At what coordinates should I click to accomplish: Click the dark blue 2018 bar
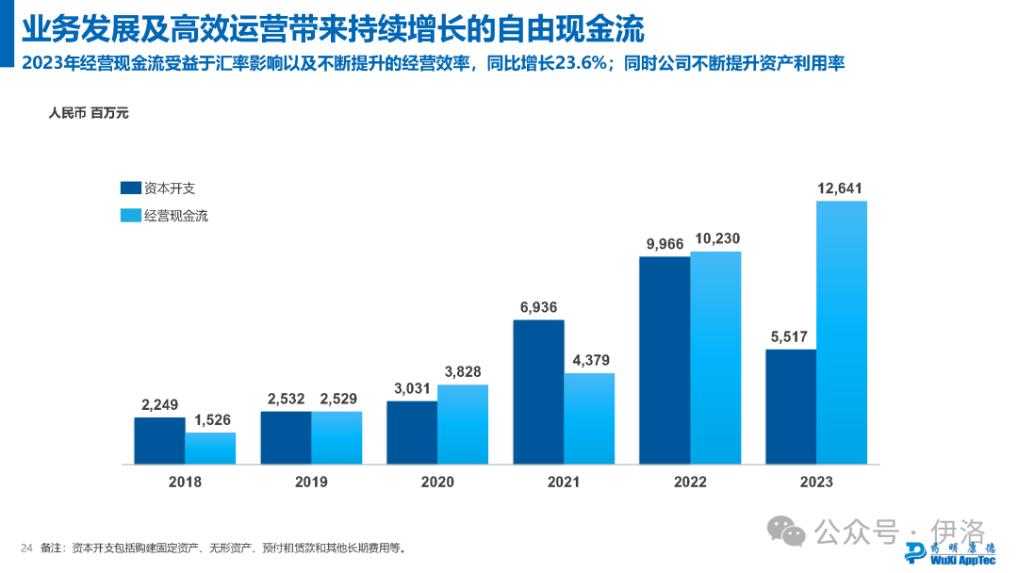[x=159, y=440]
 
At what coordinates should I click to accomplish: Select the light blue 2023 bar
[x=842, y=332]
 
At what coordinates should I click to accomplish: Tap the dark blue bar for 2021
[x=538, y=392]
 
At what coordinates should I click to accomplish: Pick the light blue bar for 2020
[x=463, y=424]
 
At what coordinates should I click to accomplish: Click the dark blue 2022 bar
[x=665, y=360]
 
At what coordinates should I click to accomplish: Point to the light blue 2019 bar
[x=337, y=437]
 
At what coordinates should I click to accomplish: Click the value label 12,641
[x=841, y=188]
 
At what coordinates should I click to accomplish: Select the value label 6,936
[x=538, y=308]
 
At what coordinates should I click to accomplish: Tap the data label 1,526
[x=210, y=421]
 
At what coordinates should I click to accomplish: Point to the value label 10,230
[x=715, y=239]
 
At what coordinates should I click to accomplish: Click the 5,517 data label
[x=791, y=337]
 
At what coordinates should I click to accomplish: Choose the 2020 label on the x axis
[x=437, y=482]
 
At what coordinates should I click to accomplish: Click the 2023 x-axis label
[x=816, y=482]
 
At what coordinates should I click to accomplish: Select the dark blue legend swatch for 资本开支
[x=130, y=188]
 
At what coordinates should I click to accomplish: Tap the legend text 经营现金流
[x=176, y=216]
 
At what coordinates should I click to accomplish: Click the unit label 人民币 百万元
[x=89, y=114]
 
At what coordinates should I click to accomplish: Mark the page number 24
[x=26, y=548]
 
